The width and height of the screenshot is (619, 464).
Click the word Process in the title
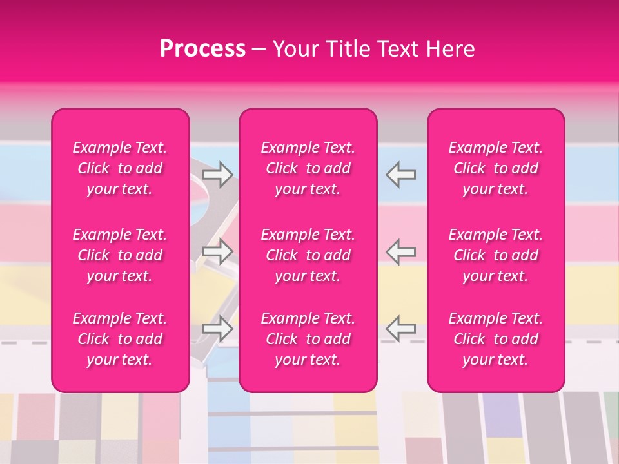pyautogui.click(x=202, y=49)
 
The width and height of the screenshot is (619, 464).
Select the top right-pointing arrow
pyautogui.click(x=218, y=175)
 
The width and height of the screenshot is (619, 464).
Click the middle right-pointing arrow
pyautogui.click(x=218, y=251)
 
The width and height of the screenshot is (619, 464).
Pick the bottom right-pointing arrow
pyautogui.click(x=218, y=329)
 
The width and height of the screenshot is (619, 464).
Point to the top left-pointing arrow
pyautogui.click(x=400, y=175)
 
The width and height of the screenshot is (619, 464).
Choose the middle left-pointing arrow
pyautogui.click(x=400, y=251)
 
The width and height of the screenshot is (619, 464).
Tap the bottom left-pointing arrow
pyautogui.click(x=400, y=329)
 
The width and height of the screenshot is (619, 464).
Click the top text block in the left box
pyautogui.click(x=120, y=168)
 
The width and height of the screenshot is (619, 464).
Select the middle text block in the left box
pyautogui.click(x=120, y=255)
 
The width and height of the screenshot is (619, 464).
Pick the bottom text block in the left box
pyautogui.click(x=120, y=339)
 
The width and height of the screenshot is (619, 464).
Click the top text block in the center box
pyautogui.click(x=308, y=168)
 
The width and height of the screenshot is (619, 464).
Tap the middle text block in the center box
pyautogui.click(x=308, y=255)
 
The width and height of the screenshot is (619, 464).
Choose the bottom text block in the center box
pyautogui.click(x=308, y=339)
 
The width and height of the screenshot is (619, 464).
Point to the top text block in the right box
pyautogui.click(x=496, y=168)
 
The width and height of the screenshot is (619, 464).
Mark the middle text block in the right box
pyautogui.click(x=496, y=255)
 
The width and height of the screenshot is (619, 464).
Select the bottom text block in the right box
pyautogui.click(x=496, y=339)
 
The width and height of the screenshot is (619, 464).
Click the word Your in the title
pyautogui.click(x=295, y=49)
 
